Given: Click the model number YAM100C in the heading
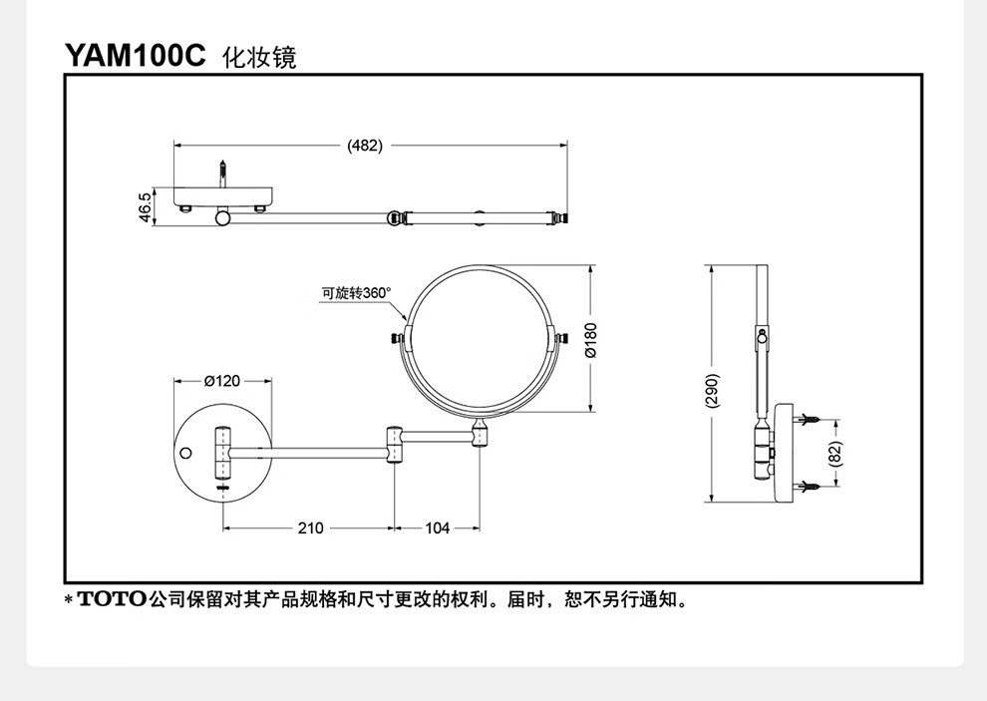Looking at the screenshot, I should point(136,56).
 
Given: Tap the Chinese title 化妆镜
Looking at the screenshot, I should point(259,57).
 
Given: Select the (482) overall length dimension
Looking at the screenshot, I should point(365,146).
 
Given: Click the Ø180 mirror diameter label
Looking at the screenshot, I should point(590,340).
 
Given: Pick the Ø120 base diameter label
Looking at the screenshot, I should point(222,381).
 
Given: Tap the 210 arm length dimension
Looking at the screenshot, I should point(310,528).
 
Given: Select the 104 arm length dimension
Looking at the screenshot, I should point(438,528).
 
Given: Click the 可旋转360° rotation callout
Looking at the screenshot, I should point(357,293).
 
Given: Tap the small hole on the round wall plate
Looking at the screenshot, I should point(185,454).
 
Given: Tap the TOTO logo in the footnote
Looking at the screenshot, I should point(112,600).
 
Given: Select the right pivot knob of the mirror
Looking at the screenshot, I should point(559,340).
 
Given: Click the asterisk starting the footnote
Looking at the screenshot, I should point(68,600).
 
